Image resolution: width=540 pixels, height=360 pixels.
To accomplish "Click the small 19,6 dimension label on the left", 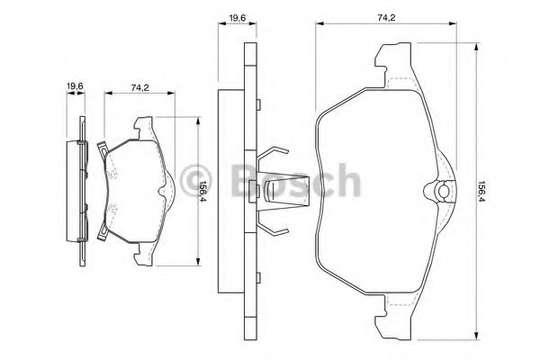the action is tap(75, 86).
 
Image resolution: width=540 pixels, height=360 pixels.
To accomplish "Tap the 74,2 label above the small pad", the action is tap(139, 88).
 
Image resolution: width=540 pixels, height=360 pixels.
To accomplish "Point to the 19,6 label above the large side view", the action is tap(238, 18).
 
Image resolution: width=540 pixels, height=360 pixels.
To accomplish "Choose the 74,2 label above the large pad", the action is tap(386, 18).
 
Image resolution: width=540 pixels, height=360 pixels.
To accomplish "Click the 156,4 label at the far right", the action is tap(481, 193).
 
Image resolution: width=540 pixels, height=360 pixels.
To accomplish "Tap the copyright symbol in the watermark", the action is tap(197, 181).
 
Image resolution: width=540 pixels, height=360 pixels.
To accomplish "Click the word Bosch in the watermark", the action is tap(296, 181).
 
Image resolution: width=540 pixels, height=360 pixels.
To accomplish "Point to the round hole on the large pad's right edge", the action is tap(443, 191).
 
